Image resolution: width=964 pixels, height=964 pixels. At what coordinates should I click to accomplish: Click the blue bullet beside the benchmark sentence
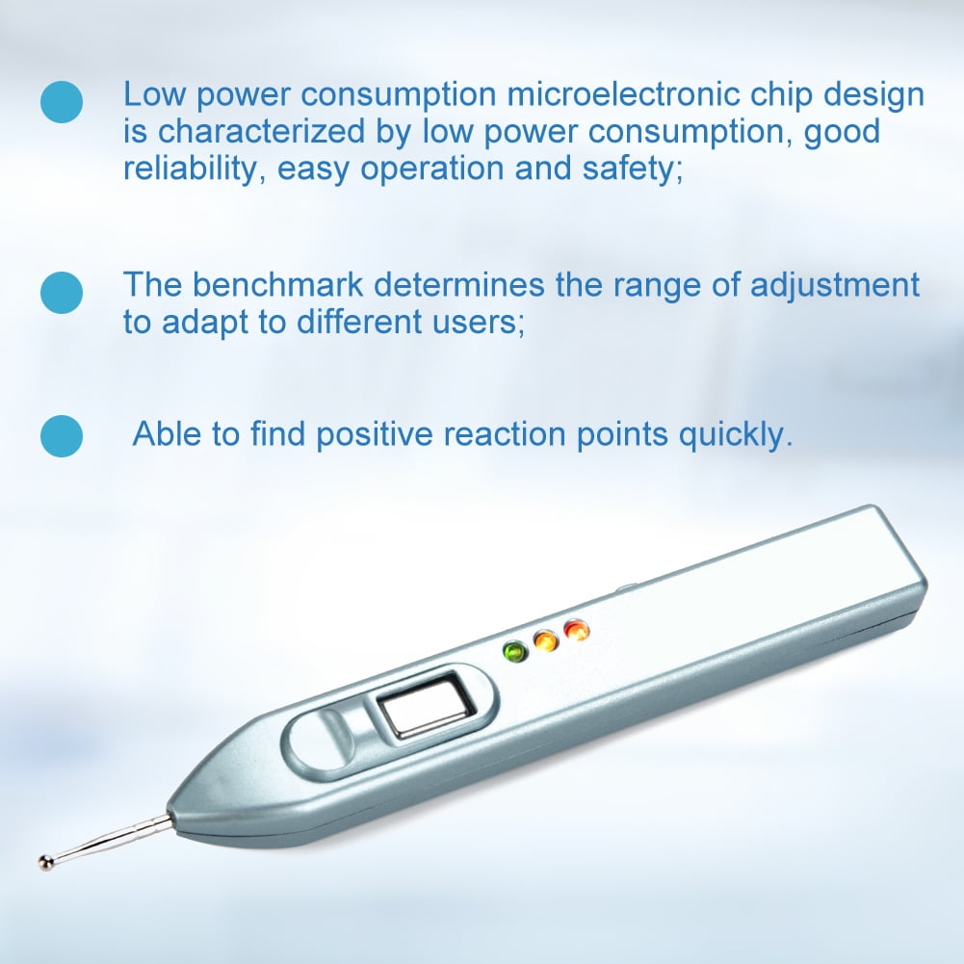click(x=62, y=291)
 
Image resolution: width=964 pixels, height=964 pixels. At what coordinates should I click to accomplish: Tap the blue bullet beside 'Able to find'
click(x=62, y=436)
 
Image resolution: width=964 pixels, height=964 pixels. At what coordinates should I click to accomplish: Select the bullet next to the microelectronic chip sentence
click(x=62, y=101)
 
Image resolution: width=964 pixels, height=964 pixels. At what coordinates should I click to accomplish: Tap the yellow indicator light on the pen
click(x=546, y=640)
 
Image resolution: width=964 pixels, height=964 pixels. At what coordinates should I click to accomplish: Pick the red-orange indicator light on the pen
click(x=577, y=631)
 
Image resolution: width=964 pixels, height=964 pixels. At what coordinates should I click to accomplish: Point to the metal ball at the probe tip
click(x=46, y=860)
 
